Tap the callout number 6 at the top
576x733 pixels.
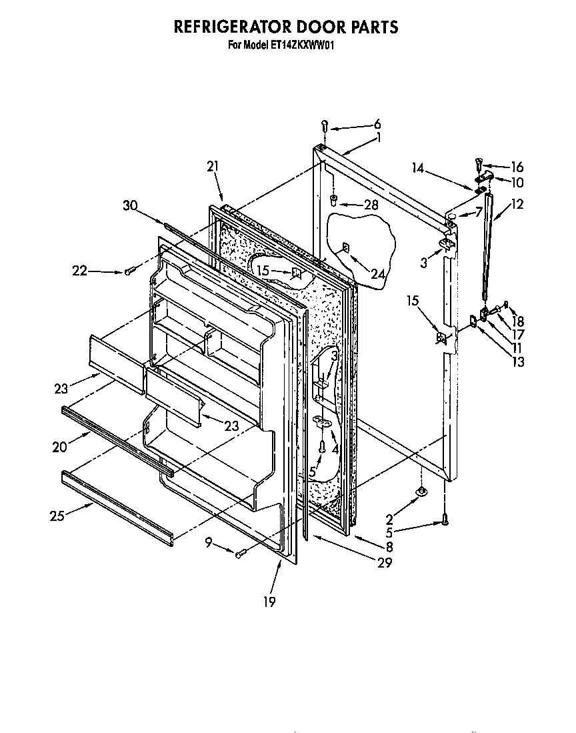coord(377,123)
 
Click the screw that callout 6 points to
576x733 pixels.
coord(324,125)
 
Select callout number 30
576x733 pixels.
coord(130,206)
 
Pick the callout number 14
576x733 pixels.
coord(418,169)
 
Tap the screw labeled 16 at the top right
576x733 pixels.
coord(477,161)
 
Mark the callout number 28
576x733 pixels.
coord(371,205)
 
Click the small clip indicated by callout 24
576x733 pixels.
coord(345,248)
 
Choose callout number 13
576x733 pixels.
coord(517,362)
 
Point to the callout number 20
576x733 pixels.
coord(59,447)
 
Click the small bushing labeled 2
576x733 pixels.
coord(421,493)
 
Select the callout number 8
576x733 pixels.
coord(389,546)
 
